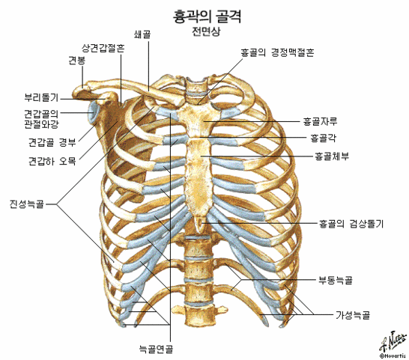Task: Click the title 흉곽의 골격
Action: pyautogui.click(x=207, y=16)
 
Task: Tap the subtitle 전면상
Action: pyautogui.click(x=206, y=31)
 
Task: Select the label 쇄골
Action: pyautogui.click(x=142, y=34)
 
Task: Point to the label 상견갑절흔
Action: pyautogui.click(x=103, y=48)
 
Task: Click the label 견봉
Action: pyautogui.click(x=77, y=61)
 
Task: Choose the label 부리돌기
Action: pyautogui.click(x=41, y=97)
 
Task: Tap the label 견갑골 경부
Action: pyautogui.click(x=52, y=142)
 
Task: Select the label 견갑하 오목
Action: pyautogui.click(x=52, y=161)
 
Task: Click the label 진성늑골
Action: pyautogui.click(x=27, y=204)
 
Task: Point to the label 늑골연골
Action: pyautogui.click(x=156, y=349)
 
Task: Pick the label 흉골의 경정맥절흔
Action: pyautogui.click(x=277, y=52)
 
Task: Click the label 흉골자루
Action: pyautogui.click(x=320, y=121)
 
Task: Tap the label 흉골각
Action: pyautogui.click(x=323, y=138)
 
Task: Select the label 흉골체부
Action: pyautogui.click(x=332, y=156)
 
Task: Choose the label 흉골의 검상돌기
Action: pyautogui.click(x=351, y=224)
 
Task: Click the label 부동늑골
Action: pyautogui.click(x=336, y=280)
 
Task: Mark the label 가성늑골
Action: pyautogui.click(x=353, y=315)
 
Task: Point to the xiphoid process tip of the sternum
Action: pyautogui.click(x=200, y=232)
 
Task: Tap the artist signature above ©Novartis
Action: pyautogui.click(x=393, y=342)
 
